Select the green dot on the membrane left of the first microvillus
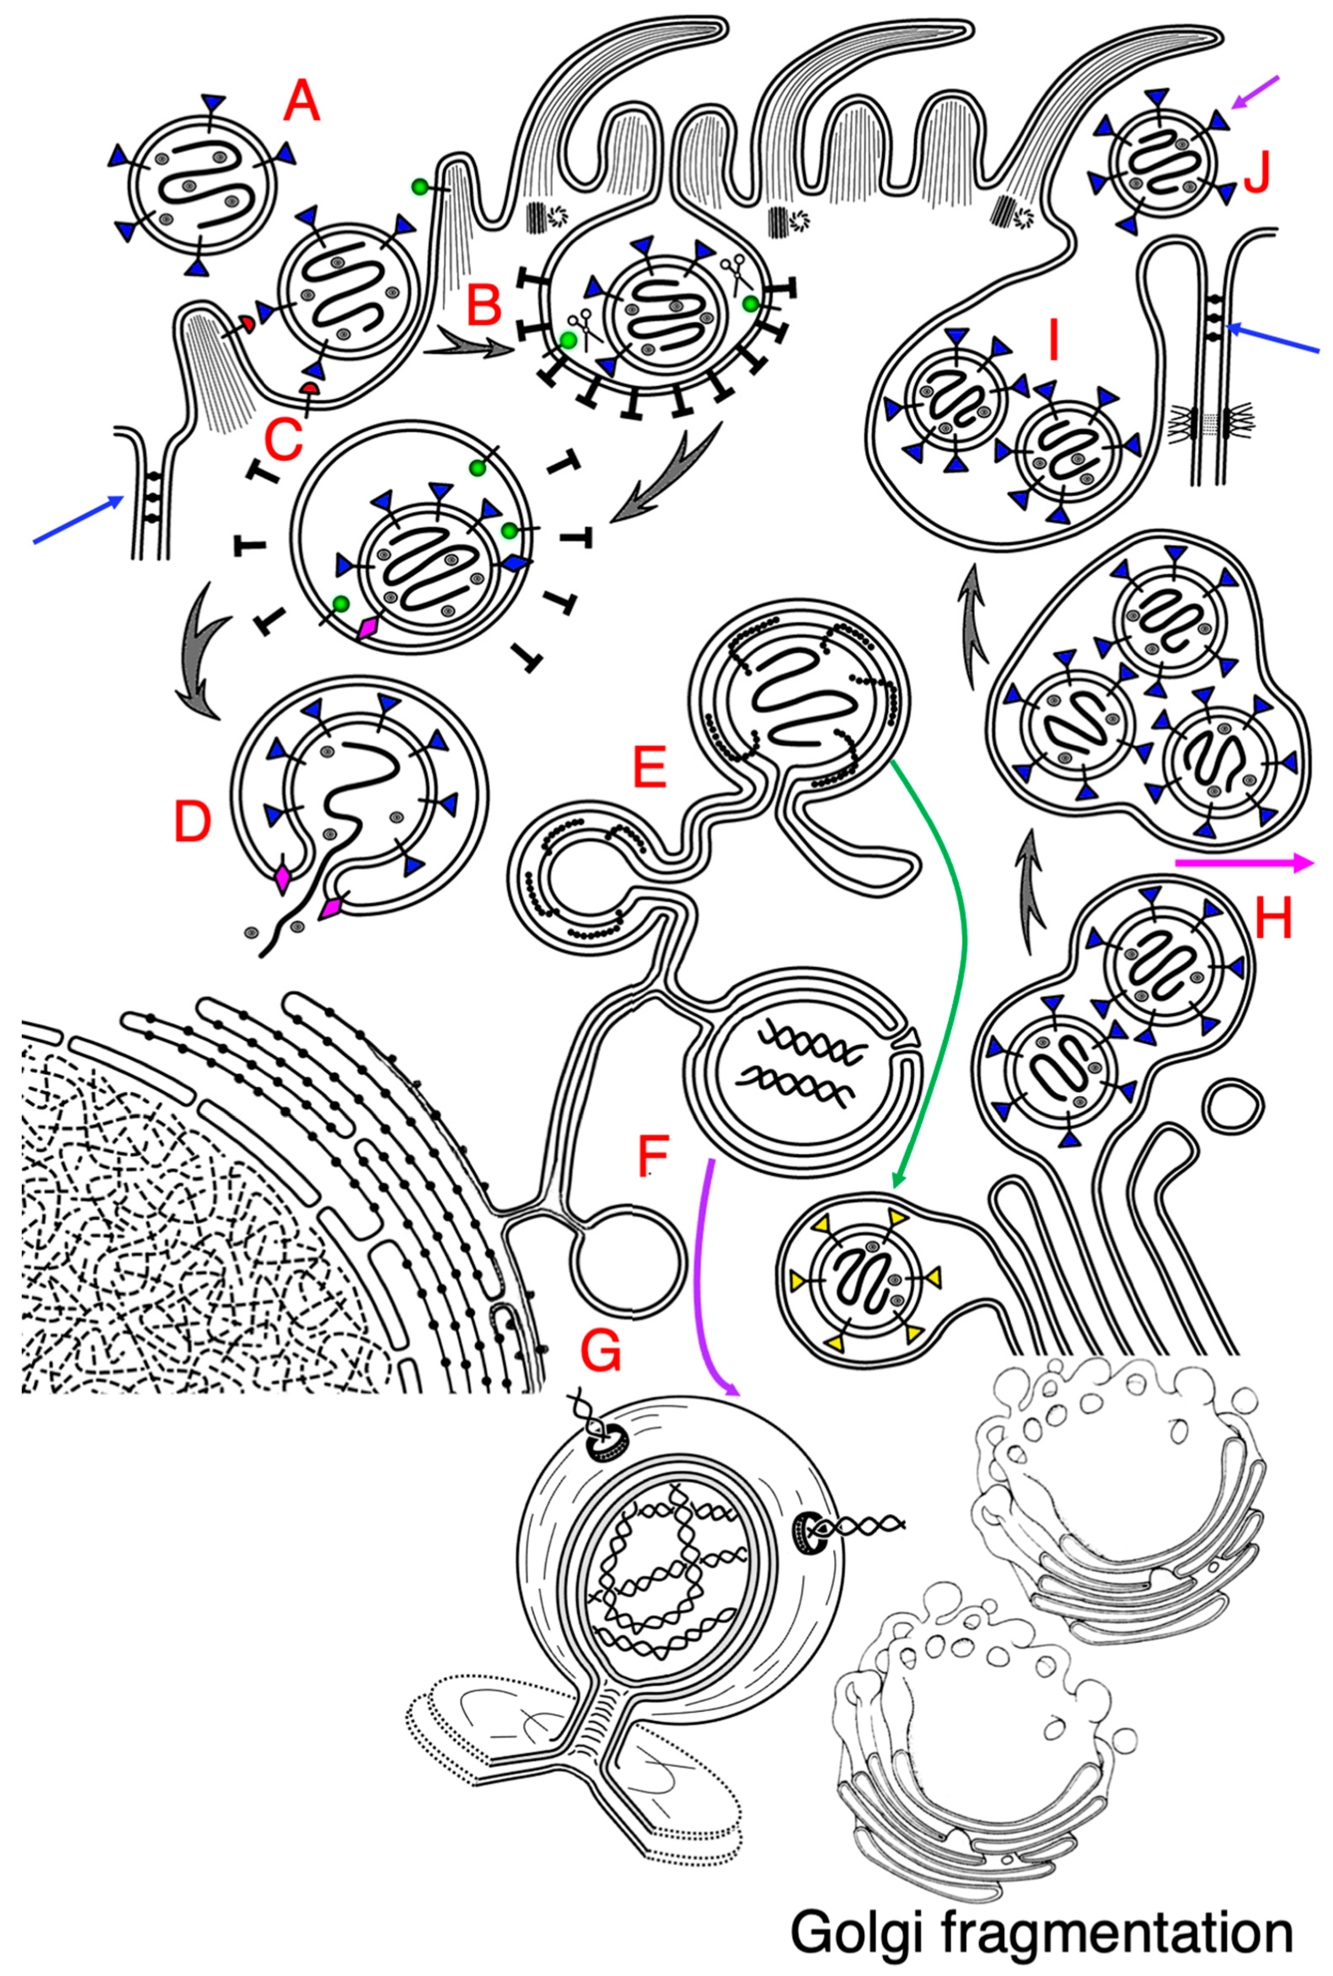[418, 186]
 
